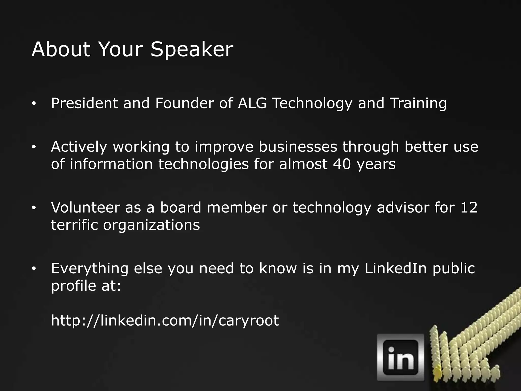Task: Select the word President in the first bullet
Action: click(84, 103)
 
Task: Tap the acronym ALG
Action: click(252, 103)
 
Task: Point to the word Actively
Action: click(79, 147)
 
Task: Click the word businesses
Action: click(298, 147)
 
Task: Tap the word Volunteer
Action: click(85, 207)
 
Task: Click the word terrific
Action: click(74, 225)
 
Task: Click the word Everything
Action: click(90, 268)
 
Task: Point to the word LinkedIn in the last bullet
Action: click(396, 268)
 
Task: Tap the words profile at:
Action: click(86, 286)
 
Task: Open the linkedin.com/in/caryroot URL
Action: click(165, 320)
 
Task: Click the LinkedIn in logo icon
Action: click(400, 357)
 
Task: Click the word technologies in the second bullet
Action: click(203, 164)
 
